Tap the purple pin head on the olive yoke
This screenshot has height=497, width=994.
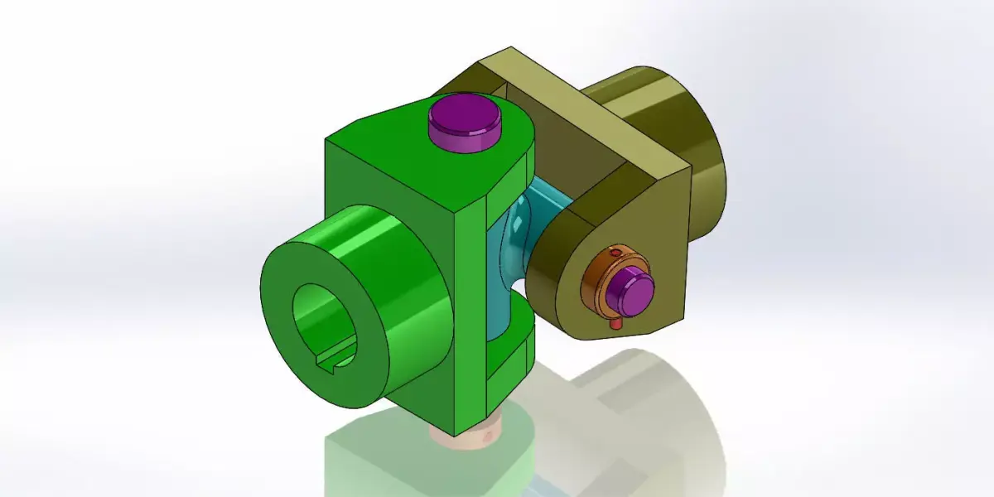click(630, 287)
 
